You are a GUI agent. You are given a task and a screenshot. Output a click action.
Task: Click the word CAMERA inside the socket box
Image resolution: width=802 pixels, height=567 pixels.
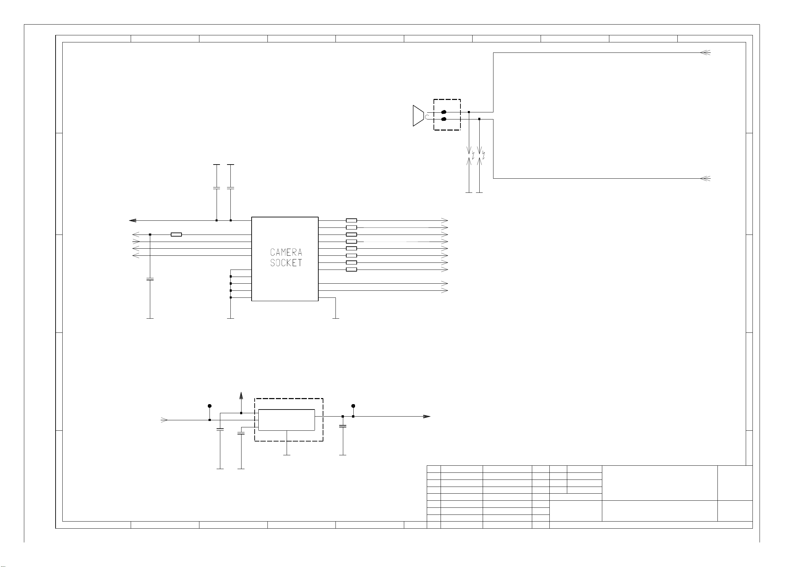click(286, 252)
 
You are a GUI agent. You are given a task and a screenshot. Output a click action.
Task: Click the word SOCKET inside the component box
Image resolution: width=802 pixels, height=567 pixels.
click(286, 262)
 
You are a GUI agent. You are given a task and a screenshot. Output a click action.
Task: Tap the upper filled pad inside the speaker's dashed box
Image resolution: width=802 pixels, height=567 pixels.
click(444, 112)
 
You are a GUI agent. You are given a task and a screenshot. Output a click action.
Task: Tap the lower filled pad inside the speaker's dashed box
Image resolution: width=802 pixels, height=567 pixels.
click(444, 119)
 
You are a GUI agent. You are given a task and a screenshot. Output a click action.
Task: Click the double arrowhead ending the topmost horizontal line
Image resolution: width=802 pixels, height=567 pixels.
click(706, 53)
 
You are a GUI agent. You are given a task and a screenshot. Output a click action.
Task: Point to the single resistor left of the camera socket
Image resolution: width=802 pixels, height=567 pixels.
click(176, 235)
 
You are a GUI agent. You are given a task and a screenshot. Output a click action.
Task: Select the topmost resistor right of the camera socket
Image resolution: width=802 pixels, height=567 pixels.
click(351, 221)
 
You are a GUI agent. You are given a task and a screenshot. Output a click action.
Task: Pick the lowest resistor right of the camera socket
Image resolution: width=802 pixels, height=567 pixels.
click(351, 270)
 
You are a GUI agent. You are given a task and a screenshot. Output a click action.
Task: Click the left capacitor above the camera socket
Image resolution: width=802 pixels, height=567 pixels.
click(217, 188)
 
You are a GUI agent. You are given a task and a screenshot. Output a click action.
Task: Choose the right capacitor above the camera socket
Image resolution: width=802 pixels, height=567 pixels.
click(231, 188)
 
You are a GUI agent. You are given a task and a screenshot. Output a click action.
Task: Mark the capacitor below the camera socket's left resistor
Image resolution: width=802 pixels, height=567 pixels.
click(150, 279)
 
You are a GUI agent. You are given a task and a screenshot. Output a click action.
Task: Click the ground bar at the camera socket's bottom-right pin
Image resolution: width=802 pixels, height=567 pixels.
click(335, 318)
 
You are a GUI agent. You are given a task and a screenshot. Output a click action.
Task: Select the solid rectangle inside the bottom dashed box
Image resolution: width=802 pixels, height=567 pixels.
click(287, 420)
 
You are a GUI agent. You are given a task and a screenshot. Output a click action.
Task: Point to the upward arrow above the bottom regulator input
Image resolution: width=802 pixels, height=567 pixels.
click(241, 396)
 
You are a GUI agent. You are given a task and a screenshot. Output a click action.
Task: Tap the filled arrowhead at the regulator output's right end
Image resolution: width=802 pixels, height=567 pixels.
click(427, 417)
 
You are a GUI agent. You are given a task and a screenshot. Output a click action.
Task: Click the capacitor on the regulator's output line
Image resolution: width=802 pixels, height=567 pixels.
click(343, 426)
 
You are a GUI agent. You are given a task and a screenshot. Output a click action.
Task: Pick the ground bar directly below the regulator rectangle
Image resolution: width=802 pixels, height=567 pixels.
click(287, 455)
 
